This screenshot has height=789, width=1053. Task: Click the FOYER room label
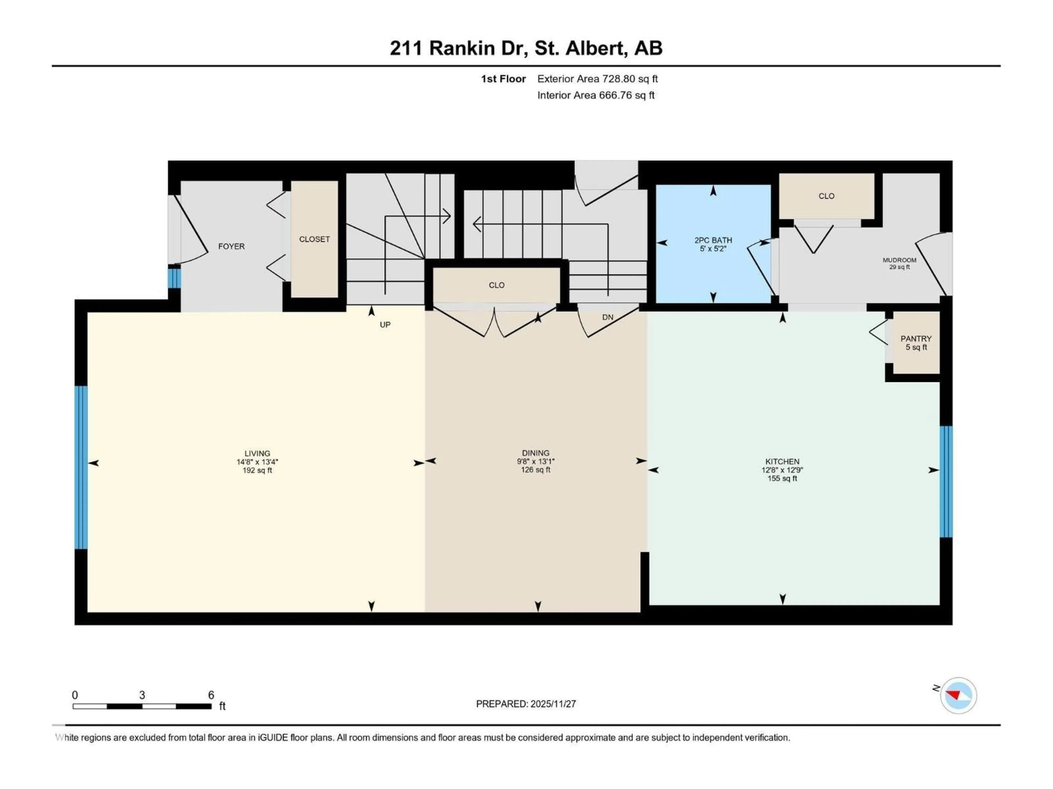(231, 246)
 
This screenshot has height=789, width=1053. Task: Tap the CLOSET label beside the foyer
(314, 239)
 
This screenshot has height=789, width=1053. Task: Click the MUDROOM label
(899, 260)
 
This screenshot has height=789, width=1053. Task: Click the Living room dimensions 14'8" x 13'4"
(257, 462)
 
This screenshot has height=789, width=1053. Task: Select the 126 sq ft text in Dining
(536, 470)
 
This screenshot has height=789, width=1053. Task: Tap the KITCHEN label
(782, 461)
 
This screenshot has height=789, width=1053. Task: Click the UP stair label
(385, 325)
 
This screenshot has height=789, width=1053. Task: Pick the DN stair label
(607, 317)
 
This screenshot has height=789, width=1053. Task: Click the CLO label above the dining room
(497, 285)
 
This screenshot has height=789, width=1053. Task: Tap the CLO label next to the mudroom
(826, 196)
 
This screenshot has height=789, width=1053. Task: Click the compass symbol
(958, 695)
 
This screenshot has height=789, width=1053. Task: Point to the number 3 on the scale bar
(142, 695)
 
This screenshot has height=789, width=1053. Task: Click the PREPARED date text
(526, 704)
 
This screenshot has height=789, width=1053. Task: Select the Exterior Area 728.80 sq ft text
(598, 79)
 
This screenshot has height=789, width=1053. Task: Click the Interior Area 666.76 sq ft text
(596, 95)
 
